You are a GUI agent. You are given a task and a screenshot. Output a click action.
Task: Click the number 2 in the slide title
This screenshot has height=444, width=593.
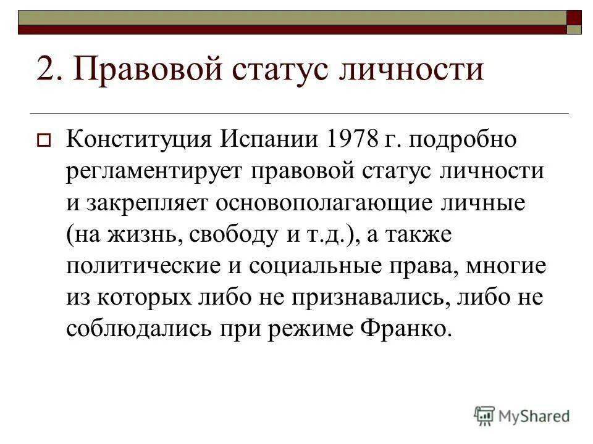click(46, 69)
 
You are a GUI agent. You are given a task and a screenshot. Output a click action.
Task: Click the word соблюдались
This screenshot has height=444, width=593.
click(137, 331)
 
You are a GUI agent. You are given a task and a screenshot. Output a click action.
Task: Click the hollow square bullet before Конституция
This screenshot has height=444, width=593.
click(44, 140)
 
